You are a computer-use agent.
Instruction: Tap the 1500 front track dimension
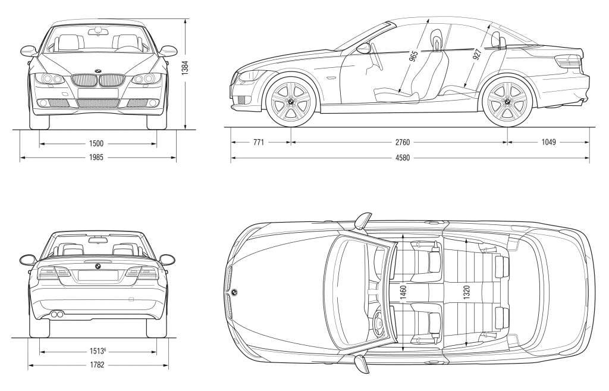point(96,143)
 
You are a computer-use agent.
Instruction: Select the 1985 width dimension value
point(96,158)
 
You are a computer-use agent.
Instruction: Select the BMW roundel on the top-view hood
point(234,292)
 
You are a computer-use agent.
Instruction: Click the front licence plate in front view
point(97,93)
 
